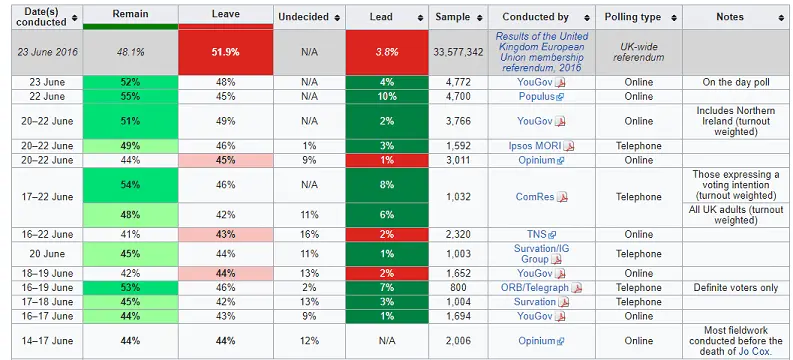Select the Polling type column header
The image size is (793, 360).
632,17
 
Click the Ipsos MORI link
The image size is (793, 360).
536,145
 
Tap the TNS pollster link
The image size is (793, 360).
535,234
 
